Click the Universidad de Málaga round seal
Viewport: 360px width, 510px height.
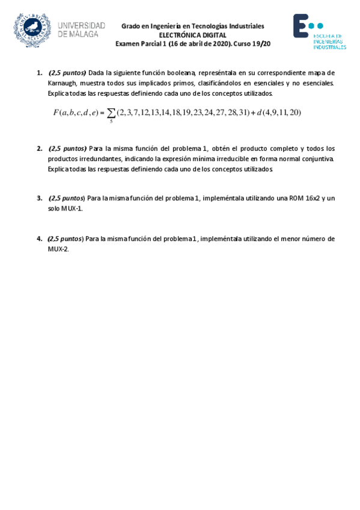tap(32, 29)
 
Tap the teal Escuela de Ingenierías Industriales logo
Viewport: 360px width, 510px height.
tap(319, 31)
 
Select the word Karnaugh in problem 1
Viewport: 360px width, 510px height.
tap(61, 83)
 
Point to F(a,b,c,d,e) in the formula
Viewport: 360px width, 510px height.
tap(76, 112)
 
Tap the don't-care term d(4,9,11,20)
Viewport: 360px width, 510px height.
tap(279, 112)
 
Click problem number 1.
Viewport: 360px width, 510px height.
tap(40, 73)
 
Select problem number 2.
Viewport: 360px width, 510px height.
tap(40, 148)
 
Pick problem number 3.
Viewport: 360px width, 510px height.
tap(40, 198)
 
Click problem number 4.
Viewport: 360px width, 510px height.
tap(40, 239)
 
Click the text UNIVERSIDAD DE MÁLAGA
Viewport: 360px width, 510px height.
tap(81, 29)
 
